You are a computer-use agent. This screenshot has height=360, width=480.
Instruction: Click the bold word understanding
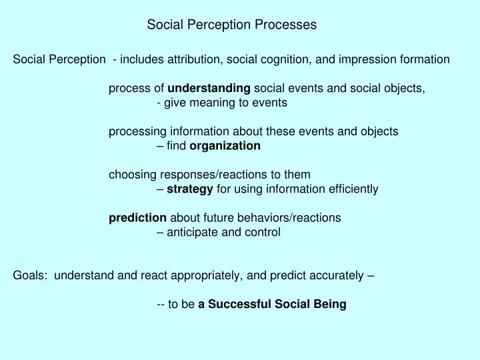[x=209, y=88]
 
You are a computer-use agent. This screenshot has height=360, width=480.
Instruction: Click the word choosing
[x=133, y=175]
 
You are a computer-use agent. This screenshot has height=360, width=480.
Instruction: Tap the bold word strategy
[x=189, y=189]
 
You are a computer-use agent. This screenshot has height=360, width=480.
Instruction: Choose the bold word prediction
[x=138, y=218]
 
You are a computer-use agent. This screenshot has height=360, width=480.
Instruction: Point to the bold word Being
[x=330, y=305]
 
